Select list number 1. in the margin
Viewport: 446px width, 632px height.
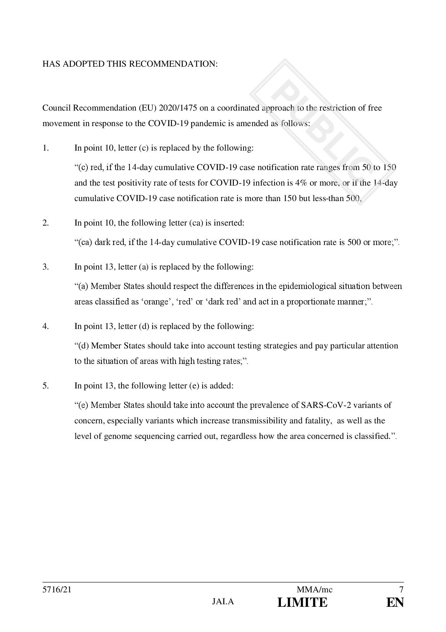46,148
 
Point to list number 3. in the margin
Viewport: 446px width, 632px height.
46,267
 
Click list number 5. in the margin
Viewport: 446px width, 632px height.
46,386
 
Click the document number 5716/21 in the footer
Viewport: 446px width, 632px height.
54,590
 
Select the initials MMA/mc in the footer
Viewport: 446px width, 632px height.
314,590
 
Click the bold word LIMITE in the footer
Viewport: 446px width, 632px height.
302,602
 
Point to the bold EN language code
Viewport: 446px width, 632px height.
395,602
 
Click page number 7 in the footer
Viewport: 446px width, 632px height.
401,590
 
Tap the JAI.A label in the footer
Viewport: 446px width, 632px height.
223,602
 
